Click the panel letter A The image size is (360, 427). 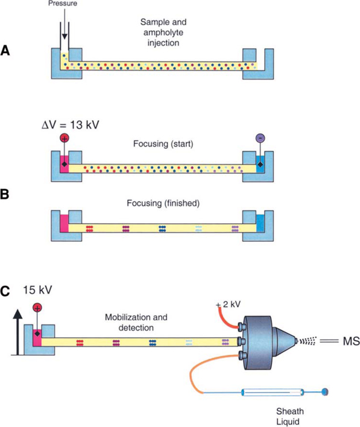(7, 52)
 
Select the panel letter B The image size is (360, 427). (7, 195)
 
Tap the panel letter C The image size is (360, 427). (7, 291)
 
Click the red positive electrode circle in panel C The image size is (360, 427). (37, 309)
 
